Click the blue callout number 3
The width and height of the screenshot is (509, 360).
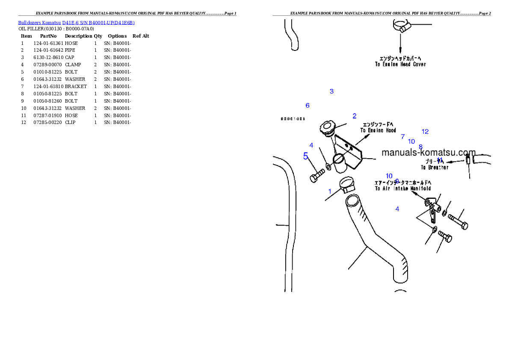[331, 91]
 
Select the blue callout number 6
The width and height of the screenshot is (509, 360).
[308, 105]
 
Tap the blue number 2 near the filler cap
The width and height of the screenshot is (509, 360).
[355, 116]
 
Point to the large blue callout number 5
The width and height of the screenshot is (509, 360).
[305, 156]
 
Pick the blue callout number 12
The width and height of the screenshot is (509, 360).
[425, 132]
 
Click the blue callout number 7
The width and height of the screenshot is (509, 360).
[402, 137]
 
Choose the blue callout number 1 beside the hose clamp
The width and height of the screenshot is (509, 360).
[330, 191]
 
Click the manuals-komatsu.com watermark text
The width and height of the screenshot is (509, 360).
[429, 153]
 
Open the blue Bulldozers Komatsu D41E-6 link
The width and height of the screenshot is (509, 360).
[76, 23]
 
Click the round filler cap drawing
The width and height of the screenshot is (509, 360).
[328, 128]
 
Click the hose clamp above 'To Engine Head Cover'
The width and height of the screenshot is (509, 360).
[401, 26]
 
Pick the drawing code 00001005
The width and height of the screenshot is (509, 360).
[293, 119]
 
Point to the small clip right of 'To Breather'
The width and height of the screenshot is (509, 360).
[468, 161]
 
